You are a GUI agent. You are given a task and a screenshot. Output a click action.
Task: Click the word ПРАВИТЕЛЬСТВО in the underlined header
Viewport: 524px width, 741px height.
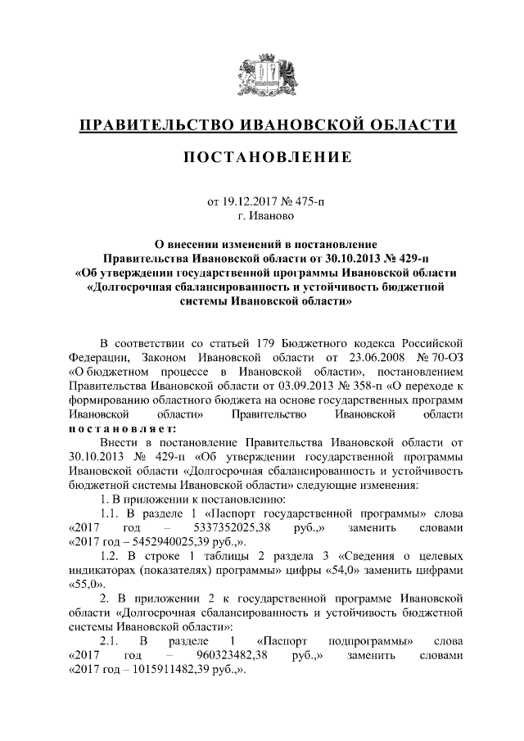click(x=151, y=125)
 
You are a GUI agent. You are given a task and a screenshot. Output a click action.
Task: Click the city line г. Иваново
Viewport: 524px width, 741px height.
click(x=261, y=215)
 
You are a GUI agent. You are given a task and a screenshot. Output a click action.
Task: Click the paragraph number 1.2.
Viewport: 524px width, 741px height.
click(x=111, y=556)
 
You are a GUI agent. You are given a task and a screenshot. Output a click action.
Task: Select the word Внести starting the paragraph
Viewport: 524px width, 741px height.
click(x=117, y=443)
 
